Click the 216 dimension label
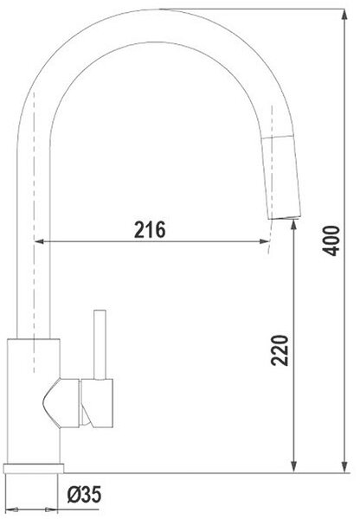coord(150,229)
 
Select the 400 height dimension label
coord(331,240)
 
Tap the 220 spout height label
coord(280,350)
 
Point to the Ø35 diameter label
coord(84,495)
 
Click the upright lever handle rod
coord(100,344)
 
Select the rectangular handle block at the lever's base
coord(97,403)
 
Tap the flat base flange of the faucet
coord(34,468)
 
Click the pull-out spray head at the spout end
coord(281,177)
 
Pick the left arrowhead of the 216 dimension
coord(39,241)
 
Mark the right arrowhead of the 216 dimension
coord(265,241)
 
